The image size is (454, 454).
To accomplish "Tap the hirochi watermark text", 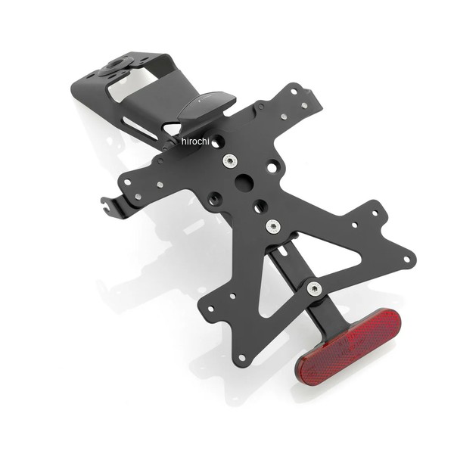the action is coord(195,141).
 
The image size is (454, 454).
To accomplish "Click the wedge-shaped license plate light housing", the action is coord(206,107).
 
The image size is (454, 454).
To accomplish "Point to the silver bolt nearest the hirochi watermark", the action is coord(229,161).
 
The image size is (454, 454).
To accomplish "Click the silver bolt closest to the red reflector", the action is coord(313,288).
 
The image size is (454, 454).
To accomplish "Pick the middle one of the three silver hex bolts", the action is coord(272,225).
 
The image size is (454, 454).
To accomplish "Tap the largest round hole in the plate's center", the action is coord(244,182).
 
